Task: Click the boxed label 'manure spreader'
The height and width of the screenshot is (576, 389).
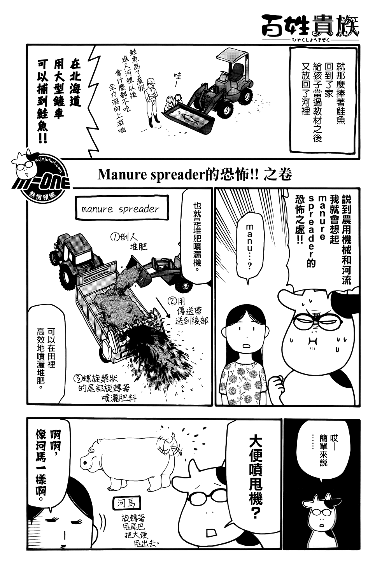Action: tap(120, 209)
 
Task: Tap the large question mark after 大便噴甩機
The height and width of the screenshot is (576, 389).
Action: tap(255, 512)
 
